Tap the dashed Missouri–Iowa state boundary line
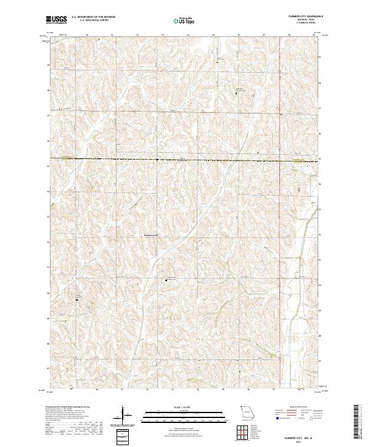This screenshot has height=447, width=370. coord(185,160)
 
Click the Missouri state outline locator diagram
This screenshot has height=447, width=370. coord(248,412)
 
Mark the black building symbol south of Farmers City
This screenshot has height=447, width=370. coord(166,281)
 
